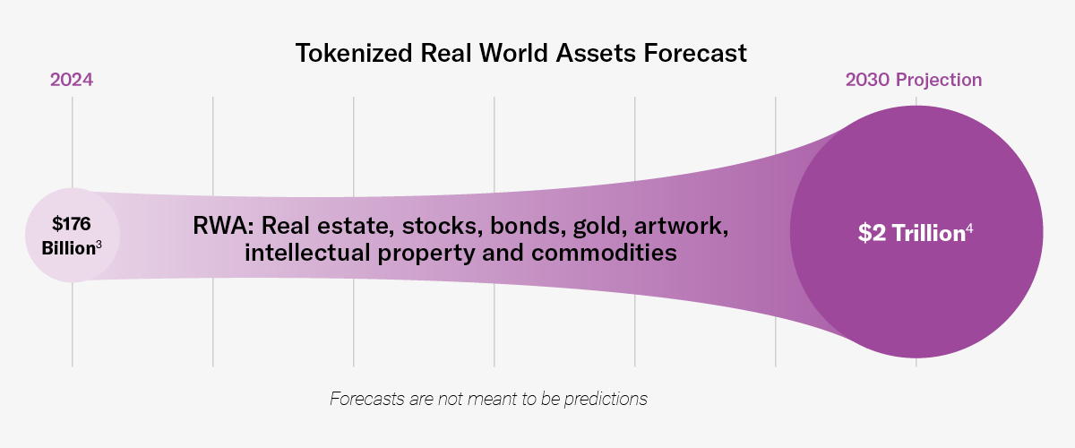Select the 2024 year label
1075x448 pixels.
pos(72,80)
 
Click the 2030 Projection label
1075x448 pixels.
pos(914,80)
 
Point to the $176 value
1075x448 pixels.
pos(72,223)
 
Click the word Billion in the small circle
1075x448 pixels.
pos(68,248)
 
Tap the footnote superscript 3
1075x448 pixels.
pos(99,244)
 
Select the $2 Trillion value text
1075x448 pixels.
pos(909,233)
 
